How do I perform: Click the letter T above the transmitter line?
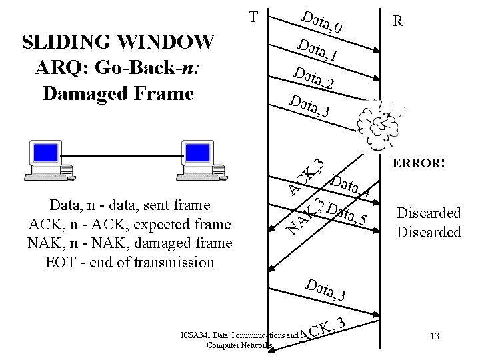[x=253, y=16]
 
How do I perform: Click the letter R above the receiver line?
[x=398, y=21]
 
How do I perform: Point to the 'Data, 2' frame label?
[x=312, y=77]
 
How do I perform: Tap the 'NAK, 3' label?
[x=304, y=217]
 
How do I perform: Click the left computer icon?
[x=47, y=160]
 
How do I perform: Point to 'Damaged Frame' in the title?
[x=117, y=92]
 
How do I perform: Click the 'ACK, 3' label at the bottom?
[x=321, y=329]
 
